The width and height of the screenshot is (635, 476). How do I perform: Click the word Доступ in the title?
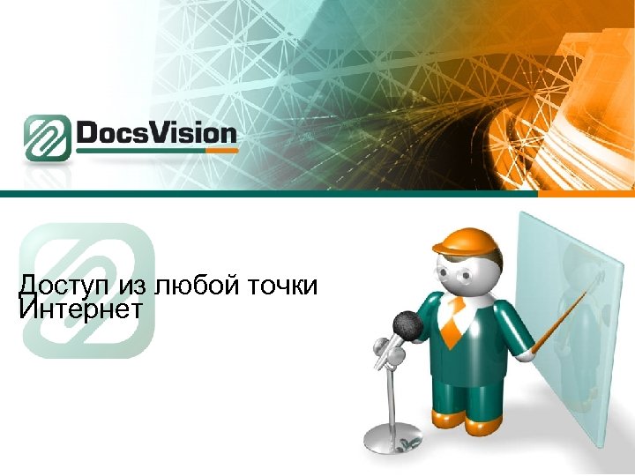pyautogui.click(x=60, y=286)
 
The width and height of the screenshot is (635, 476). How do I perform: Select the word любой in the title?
pyautogui.click(x=191, y=286)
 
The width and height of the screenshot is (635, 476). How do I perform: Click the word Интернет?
pyautogui.click(x=80, y=309)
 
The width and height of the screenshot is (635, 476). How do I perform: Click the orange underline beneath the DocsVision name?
pyautogui.click(x=158, y=152)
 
